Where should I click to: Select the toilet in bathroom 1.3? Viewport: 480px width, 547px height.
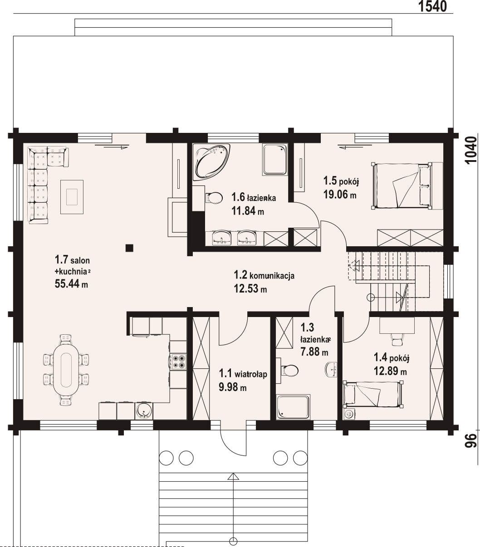(x=289, y=370)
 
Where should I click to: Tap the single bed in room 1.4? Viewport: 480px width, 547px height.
(x=373, y=395)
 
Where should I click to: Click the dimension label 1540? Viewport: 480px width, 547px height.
(x=432, y=6)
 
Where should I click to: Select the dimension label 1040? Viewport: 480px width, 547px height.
(x=471, y=150)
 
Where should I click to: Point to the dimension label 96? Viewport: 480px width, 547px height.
(x=471, y=440)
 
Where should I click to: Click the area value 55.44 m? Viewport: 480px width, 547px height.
(x=71, y=284)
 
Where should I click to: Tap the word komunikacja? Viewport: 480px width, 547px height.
(x=272, y=276)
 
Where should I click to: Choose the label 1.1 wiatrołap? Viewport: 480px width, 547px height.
(x=243, y=374)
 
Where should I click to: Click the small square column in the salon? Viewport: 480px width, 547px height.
(x=129, y=248)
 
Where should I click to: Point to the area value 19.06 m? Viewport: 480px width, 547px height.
(x=340, y=195)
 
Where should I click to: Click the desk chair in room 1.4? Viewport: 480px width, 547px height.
(x=397, y=340)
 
